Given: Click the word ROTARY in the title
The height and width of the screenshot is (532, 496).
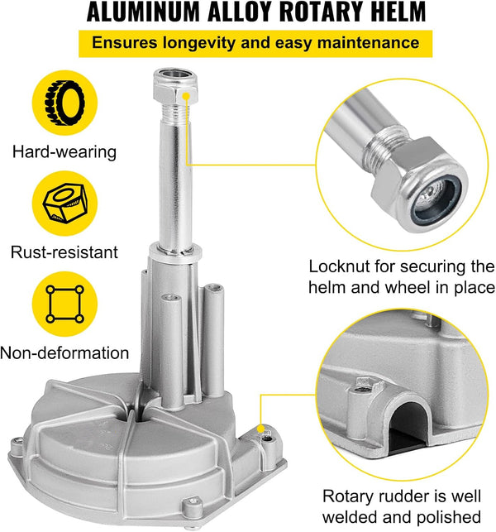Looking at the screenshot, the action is point(317,12).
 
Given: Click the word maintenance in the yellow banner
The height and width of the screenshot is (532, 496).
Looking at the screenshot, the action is point(368,43).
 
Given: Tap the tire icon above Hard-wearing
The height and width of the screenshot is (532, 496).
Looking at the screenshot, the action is point(64,103).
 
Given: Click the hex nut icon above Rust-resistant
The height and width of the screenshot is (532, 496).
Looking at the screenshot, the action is point(65,204).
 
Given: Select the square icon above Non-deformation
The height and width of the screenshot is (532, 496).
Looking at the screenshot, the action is point(64,304).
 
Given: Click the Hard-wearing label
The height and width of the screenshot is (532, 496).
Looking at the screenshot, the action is point(64,151).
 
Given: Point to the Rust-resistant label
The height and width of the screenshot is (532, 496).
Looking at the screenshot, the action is point(64,252).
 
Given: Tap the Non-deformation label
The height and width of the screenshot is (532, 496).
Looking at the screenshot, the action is point(64,352).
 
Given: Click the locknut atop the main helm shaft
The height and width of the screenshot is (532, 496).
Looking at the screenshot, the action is point(175,86).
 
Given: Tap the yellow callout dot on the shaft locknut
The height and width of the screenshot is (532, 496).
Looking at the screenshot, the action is point(186,96).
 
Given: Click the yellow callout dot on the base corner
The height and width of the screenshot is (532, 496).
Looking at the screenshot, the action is point(260,429).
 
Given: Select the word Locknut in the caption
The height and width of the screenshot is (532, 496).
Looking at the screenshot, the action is point(339,266).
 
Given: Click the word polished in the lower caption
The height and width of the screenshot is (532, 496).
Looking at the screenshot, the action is point(449,518).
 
